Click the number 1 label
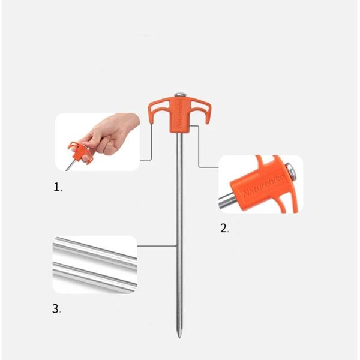click(x=57, y=187)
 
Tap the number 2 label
click(x=224, y=228)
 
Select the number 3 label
click(x=56, y=310)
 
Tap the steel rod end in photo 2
click(x=226, y=202)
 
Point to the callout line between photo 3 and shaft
click(x=157, y=245)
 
